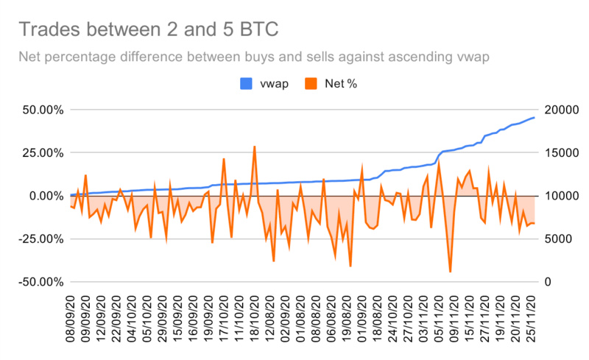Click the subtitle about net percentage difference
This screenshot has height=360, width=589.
254,57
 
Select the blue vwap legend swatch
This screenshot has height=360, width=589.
246,84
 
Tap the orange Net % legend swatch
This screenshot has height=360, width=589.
312,84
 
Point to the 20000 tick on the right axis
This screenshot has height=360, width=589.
560,110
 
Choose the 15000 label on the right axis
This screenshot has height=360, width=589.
560,153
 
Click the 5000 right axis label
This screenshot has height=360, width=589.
557,239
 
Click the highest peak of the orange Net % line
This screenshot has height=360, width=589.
254,147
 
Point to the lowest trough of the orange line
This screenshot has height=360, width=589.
450,272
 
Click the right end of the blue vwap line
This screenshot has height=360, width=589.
534,118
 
